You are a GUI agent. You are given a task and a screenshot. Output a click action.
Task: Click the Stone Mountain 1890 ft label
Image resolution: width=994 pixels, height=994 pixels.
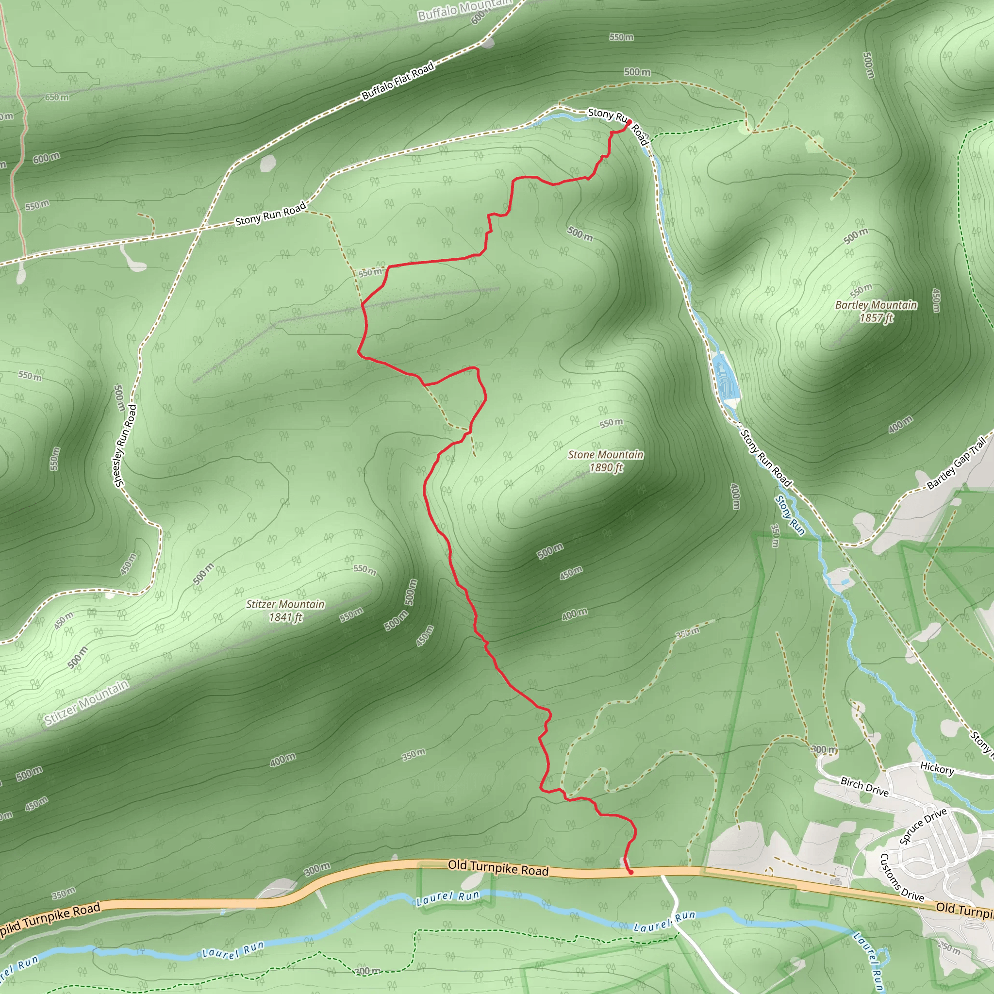606,461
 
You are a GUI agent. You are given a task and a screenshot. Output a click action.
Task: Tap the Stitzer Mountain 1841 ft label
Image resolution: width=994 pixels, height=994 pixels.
285,611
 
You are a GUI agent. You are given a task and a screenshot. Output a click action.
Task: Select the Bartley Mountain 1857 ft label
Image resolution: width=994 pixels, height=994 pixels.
876,311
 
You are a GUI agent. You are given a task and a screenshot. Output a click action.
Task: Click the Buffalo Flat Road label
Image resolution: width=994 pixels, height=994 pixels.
398,80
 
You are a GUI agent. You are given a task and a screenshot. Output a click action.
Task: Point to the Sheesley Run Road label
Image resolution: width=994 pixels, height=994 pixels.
125,446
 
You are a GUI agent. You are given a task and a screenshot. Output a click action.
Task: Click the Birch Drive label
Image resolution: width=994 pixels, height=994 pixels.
864,786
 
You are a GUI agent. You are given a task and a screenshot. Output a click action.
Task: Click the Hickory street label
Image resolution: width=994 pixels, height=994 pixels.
937,769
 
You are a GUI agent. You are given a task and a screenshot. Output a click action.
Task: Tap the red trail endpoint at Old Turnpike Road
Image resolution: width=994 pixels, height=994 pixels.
631,873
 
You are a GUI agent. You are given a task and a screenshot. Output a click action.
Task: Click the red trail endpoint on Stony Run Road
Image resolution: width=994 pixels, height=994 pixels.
629,122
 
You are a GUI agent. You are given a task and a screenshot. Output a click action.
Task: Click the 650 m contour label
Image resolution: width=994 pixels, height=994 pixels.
57,97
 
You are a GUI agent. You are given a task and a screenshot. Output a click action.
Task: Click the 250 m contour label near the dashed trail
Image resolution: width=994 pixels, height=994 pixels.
687,632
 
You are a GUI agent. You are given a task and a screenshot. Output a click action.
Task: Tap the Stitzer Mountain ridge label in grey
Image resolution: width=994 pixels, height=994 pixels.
86,702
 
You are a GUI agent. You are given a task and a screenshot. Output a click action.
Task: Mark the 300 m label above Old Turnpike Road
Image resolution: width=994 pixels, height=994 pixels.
317,869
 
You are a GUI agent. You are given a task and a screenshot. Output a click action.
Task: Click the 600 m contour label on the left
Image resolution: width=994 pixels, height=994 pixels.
46,158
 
